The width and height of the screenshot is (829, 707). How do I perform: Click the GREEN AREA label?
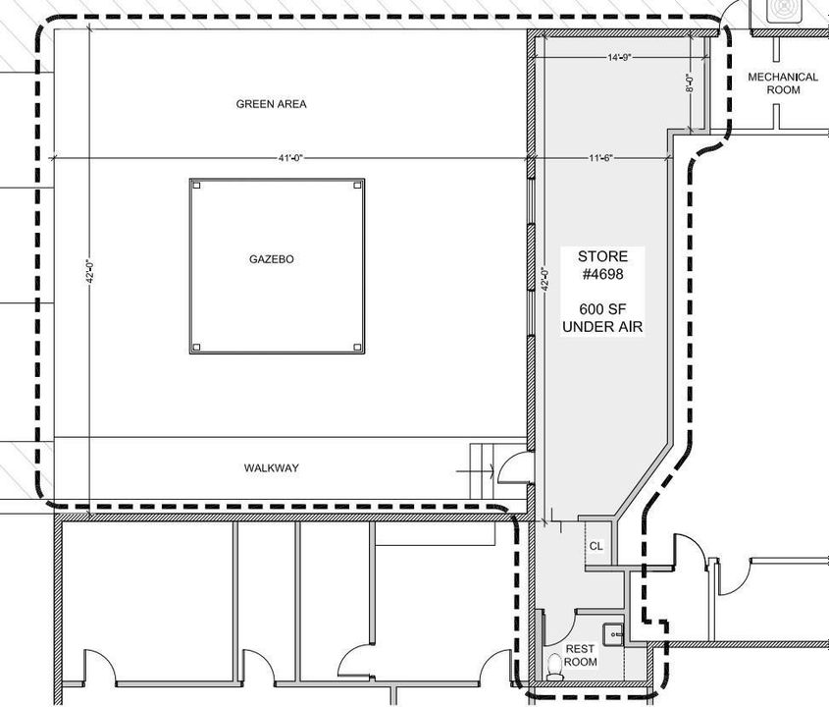point(271,104)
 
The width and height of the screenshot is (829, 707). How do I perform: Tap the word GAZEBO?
point(271,259)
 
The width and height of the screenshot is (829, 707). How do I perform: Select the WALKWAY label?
point(271,467)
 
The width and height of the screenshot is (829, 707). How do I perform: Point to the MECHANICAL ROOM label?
point(783,83)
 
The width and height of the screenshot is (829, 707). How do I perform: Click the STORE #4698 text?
point(602,265)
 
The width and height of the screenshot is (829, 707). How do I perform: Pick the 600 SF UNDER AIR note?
point(602,317)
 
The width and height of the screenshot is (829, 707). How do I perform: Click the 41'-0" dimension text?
point(290,158)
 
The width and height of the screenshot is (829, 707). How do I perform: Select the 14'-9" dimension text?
point(620,57)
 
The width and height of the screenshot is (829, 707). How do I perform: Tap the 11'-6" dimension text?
point(600,158)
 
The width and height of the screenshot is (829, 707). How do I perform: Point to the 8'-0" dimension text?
point(689,82)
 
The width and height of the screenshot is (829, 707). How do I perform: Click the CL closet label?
point(596,546)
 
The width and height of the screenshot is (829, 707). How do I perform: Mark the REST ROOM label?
point(581,655)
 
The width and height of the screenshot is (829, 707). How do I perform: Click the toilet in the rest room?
point(554,667)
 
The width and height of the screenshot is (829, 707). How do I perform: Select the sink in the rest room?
point(613,633)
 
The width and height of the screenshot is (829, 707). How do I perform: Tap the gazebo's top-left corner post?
point(196,186)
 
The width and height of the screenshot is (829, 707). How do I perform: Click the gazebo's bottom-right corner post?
point(357,348)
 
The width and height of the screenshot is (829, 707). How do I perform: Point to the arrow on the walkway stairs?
point(475,470)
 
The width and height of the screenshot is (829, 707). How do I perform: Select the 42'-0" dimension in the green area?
point(90,271)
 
